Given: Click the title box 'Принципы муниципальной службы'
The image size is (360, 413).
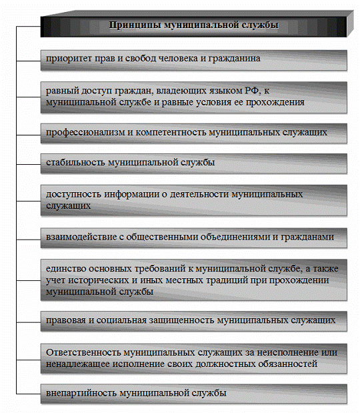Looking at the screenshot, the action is point(193,26).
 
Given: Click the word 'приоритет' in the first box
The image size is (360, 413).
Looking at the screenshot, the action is point(65,59).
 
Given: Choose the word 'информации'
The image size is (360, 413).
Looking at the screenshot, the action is point(129,194).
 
